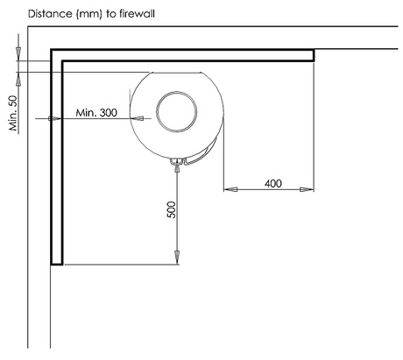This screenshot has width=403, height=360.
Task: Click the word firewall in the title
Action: tap(137, 14)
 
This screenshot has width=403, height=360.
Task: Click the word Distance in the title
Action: tap(50, 14)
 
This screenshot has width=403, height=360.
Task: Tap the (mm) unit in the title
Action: tap(88, 14)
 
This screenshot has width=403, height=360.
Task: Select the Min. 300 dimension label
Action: tap(96, 112)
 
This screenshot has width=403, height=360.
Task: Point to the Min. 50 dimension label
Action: tap(13, 113)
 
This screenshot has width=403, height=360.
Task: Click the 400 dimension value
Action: tap(273, 183)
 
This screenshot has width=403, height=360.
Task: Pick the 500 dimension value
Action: tap(172, 209)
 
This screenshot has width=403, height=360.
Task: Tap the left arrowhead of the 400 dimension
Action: tap(230, 189)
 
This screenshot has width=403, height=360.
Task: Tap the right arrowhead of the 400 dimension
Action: tap(307, 189)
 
